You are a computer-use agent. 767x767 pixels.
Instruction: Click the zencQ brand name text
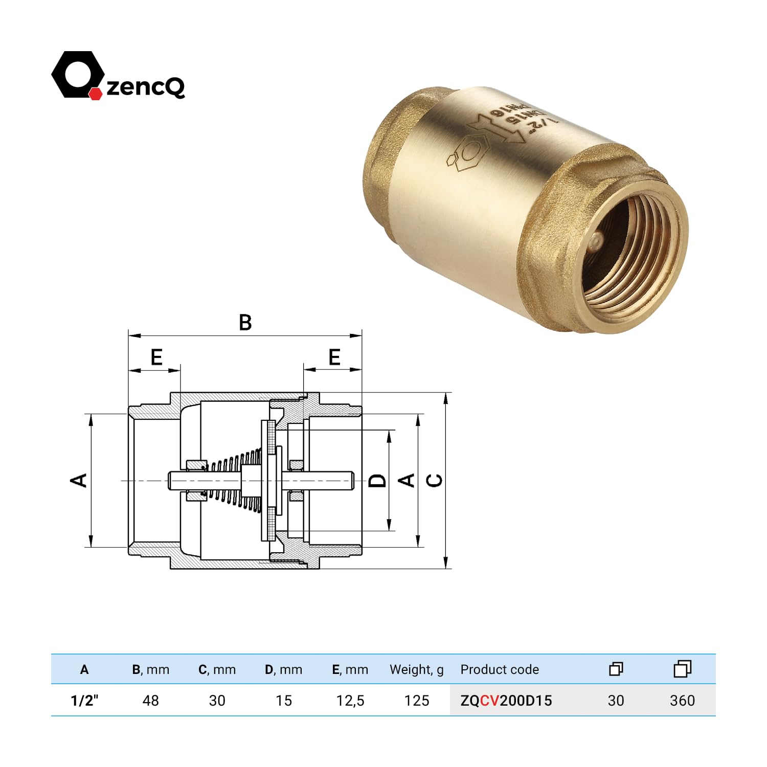(x=146, y=86)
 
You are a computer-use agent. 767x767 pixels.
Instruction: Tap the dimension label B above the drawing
(x=245, y=323)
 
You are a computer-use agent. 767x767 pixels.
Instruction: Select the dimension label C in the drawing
(x=434, y=480)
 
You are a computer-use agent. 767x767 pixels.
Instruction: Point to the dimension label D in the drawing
(x=377, y=480)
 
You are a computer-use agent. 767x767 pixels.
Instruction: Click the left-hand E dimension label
(x=156, y=357)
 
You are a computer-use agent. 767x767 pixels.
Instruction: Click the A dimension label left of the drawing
(x=78, y=480)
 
